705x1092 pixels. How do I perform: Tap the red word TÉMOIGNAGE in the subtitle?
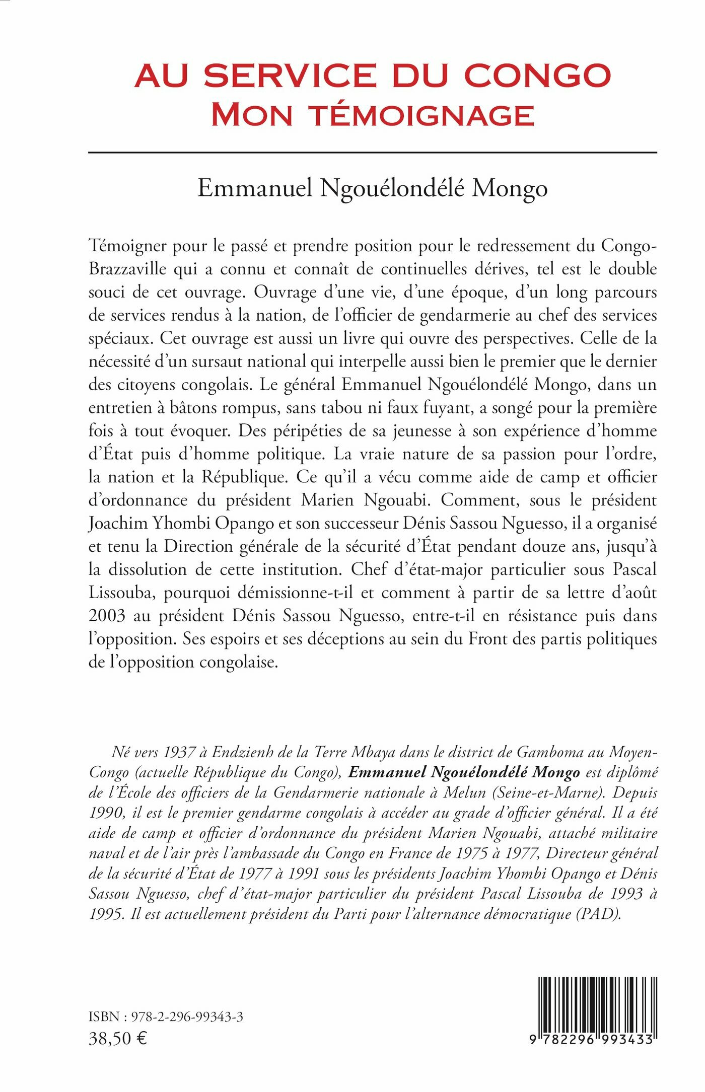pyautogui.click(x=421, y=115)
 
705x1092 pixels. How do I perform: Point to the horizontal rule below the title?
pyautogui.click(x=373, y=152)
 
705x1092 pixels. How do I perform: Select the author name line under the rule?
pyautogui.click(x=373, y=188)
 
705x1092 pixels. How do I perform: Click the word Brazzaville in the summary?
pyautogui.click(x=127, y=268)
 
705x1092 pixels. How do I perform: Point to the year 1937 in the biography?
pyautogui.click(x=179, y=752)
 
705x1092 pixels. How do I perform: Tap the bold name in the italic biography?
pyautogui.click(x=464, y=772)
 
